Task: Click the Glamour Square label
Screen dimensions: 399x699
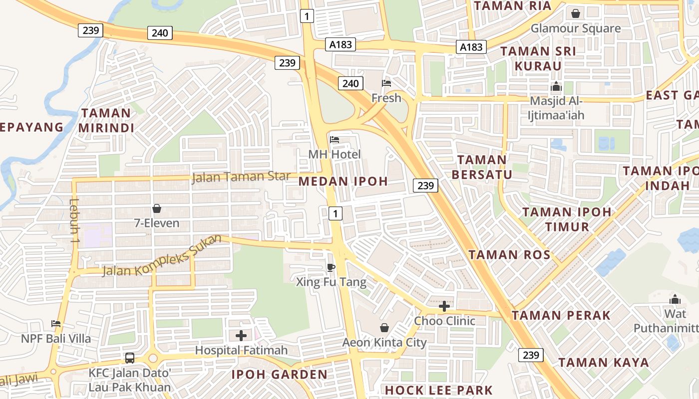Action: (576, 28)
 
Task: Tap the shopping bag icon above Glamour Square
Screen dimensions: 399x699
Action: (576, 13)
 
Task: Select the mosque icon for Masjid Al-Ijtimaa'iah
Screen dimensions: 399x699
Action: (556, 86)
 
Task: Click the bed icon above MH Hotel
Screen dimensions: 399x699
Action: (335, 140)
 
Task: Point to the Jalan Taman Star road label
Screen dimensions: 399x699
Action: (241, 177)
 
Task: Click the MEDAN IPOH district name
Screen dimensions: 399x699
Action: (343, 181)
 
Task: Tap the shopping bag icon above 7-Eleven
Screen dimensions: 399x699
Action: (157, 208)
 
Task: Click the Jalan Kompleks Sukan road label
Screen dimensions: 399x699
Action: (162, 256)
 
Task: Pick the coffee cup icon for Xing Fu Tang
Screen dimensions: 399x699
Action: (331, 267)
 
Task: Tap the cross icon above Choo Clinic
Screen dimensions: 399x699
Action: (444, 306)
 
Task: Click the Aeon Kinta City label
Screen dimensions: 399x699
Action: (384, 343)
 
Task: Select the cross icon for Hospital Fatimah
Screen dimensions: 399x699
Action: (241, 336)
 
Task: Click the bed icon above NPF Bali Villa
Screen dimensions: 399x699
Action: (56, 324)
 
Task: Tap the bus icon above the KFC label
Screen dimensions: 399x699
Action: (130, 358)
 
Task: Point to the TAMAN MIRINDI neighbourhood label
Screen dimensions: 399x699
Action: (106, 120)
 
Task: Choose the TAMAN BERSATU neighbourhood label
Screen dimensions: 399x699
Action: (482, 167)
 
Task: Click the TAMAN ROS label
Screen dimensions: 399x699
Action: (509, 255)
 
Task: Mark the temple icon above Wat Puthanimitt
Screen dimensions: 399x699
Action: (675, 299)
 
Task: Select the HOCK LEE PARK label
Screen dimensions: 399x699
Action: (439, 390)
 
